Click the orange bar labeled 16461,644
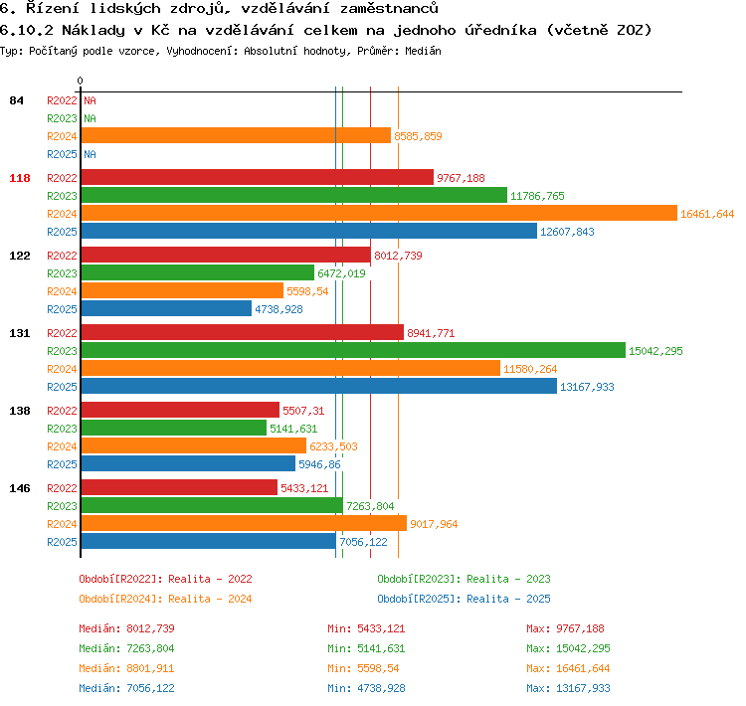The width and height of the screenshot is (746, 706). point(379,213)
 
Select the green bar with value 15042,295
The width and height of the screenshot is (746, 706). point(353,350)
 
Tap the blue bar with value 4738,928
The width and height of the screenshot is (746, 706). point(166,308)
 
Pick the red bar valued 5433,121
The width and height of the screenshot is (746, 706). point(179,487)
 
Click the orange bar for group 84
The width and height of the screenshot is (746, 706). point(236,135)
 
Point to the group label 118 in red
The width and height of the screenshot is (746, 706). point(20,178)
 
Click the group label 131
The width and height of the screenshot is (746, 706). point(20,333)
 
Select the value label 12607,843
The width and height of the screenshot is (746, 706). point(567,232)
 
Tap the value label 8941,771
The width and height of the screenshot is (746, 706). point(431,333)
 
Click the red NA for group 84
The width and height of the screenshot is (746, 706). point(90,100)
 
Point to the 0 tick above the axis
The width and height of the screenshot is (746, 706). point(80,81)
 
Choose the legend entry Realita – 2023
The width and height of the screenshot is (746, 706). point(508,579)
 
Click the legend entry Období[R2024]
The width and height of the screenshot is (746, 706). point(120,599)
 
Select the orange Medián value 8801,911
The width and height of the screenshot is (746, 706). point(150,668)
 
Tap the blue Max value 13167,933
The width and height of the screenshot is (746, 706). point(583,688)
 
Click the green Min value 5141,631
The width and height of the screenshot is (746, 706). point(381,648)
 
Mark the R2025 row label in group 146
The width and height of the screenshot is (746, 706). point(62,542)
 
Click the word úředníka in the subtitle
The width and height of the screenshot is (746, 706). point(500,30)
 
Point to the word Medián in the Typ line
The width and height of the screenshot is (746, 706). point(423,51)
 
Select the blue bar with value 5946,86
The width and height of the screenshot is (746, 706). point(188,463)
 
